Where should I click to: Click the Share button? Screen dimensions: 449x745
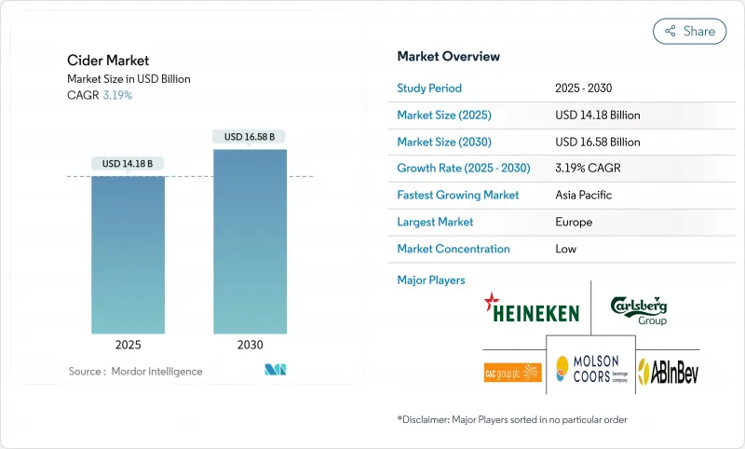click(x=690, y=31)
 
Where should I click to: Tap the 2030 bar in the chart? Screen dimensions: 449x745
click(x=250, y=240)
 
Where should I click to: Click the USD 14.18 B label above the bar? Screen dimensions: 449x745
click(x=128, y=163)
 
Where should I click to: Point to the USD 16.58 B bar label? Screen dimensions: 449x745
click(x=250, y=137)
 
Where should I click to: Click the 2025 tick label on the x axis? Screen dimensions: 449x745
click(x=128, y=345)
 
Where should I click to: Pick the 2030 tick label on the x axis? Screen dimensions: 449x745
click(x=250, y=345)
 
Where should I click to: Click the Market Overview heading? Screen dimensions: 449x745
click(x=448, y=56)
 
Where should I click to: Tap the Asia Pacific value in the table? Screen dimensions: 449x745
click(x=585, y=196)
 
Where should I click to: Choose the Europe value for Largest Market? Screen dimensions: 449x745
click(x=574, y=222)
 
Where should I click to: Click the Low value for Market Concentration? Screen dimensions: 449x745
click(x=565, y=249)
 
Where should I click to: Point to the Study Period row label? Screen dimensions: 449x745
click(x=429, y=88)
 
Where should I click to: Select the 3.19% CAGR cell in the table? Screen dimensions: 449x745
click(x=588, y=169)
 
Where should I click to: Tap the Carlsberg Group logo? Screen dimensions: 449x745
click(x=639, y=309)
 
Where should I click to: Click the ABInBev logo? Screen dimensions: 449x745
click(x=668, y=373)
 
